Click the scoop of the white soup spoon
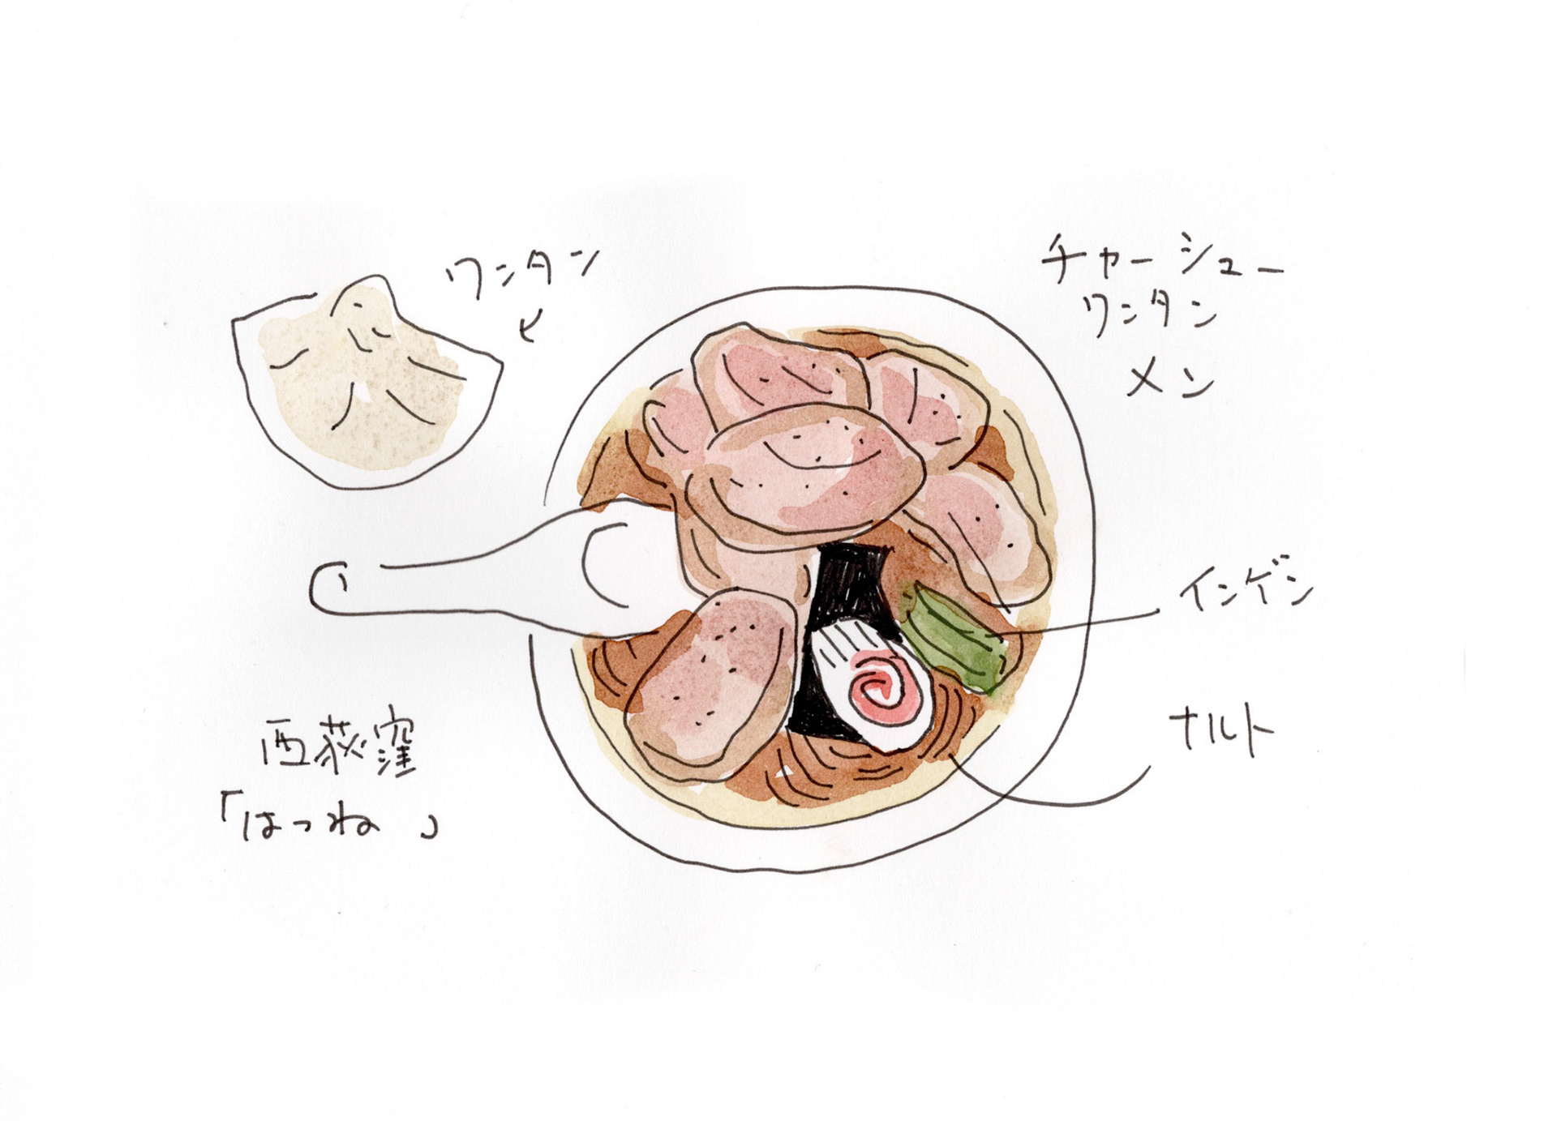pos(624,567)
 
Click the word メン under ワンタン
pos(1168,377)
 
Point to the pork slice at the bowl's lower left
pos(706,681)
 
